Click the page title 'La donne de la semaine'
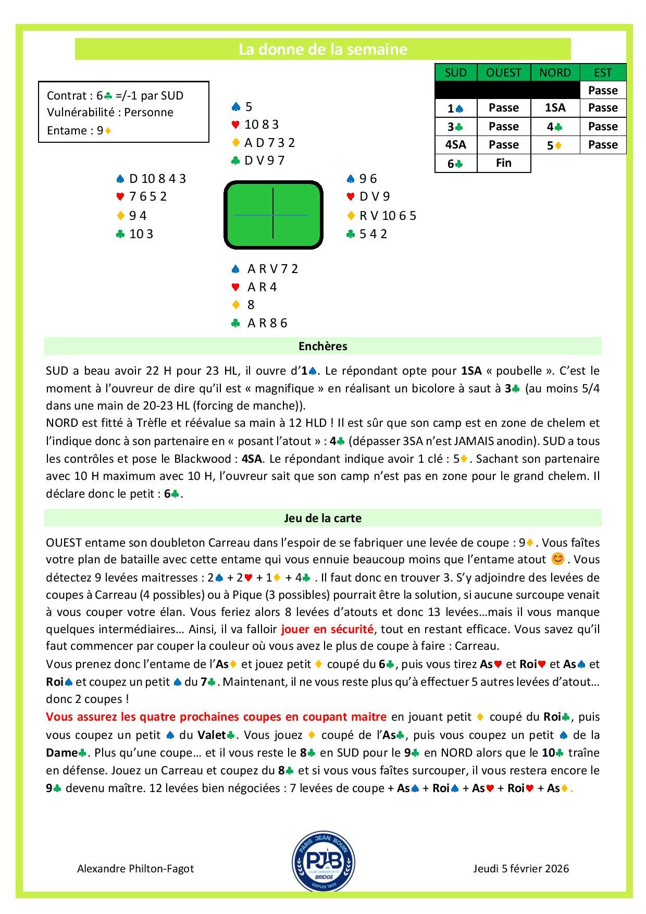click(322, 50)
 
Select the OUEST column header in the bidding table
click(503, 72)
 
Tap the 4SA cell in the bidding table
click(456, 145)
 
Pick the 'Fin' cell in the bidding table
click(503, 163)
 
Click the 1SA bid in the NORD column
click(555, 108)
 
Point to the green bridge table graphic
click(273, 215)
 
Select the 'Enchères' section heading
click(322, 346)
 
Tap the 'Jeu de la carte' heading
click(322, 518)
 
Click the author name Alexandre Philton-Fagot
click(135, 869)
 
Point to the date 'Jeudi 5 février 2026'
click(521, 869)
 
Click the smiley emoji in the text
click(557, 559)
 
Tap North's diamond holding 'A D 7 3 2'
click(269, 142)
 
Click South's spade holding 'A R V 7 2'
click(272, 269)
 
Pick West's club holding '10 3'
click(141, 234)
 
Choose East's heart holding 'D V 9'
click(374, 196)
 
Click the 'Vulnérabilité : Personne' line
click(110, 112)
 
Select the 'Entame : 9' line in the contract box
click(78, 130)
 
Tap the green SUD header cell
click(456, 72)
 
